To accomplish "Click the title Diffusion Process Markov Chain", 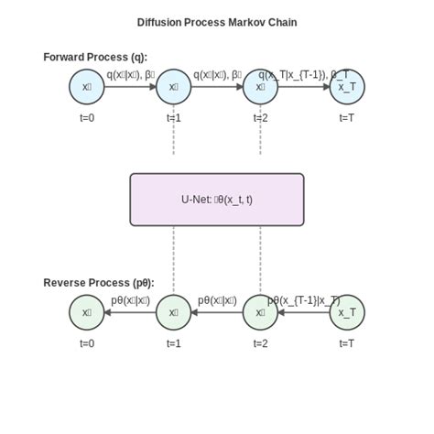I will tap(217, 22).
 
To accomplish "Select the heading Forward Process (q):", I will tap(95, 57).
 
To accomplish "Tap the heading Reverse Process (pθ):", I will tap(99, 283).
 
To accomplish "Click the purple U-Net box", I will tap(217, 199).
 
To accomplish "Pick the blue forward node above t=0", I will tap(87, 87).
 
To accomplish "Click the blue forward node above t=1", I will tap(174, 87).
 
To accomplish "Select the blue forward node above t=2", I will tap(260, 87).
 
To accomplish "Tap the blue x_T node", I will tap(347, 87).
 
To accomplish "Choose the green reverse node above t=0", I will tap(87, 312).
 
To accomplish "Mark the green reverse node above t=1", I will tap(174, 312).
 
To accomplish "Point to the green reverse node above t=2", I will tap(260, 312).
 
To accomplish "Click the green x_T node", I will tap(347, 312).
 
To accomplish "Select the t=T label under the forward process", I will tap(347, 117).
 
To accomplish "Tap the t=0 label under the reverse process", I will tap(87, 343).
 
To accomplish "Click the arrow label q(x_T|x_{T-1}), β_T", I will tap(304, 74).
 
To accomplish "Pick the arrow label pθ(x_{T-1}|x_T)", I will tap(304, 300).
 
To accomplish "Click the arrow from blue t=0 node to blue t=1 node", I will tap(130, 87).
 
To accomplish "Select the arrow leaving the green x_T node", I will tap(304, 312).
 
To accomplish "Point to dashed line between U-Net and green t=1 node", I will tap(174, 260).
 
